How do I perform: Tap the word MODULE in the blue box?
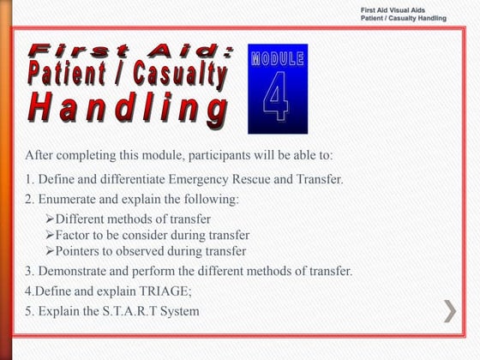pyautogui.click(x=277, y=59)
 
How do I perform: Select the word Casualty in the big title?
pyautogui.click(x=176, y=75)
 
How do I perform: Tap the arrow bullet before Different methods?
pyautogui.click(x=50, y=219)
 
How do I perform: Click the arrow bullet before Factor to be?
pyautogui.click(x=50, y=235)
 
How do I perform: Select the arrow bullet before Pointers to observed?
pyautogui.click(x=50, y=251)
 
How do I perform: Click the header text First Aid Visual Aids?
pyautogui.click(x=405, y=9)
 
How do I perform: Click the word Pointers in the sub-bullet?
pyautogui.click(x=79, y=251)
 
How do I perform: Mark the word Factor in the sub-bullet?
pyautogui.click(x=75, y=235)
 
